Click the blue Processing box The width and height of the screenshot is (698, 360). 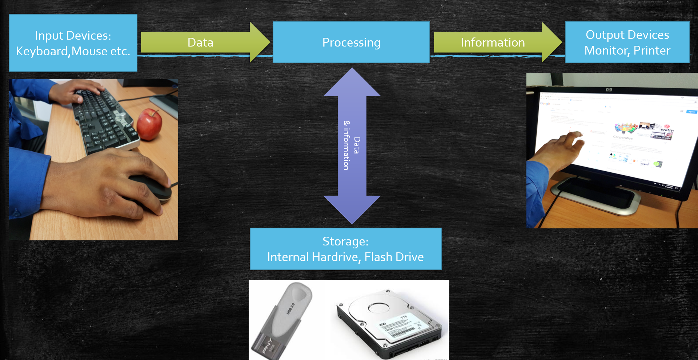[351, 43]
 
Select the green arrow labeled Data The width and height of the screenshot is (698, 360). [201, 43]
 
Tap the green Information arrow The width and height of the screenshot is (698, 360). [493, 43]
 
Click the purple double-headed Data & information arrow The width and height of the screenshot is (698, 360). [352, 145]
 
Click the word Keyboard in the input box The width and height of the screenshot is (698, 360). [42, 51]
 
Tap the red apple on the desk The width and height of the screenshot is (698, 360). [149, 124]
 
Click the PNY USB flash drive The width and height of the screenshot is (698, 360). [284, 320]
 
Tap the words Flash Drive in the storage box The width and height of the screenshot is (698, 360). [394, 257]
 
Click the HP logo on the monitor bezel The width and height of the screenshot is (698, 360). [609, 90]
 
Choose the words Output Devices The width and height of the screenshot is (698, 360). [627, 35]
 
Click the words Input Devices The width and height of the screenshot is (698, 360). [73, 36]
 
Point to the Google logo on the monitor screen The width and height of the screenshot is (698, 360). [545, 104]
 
